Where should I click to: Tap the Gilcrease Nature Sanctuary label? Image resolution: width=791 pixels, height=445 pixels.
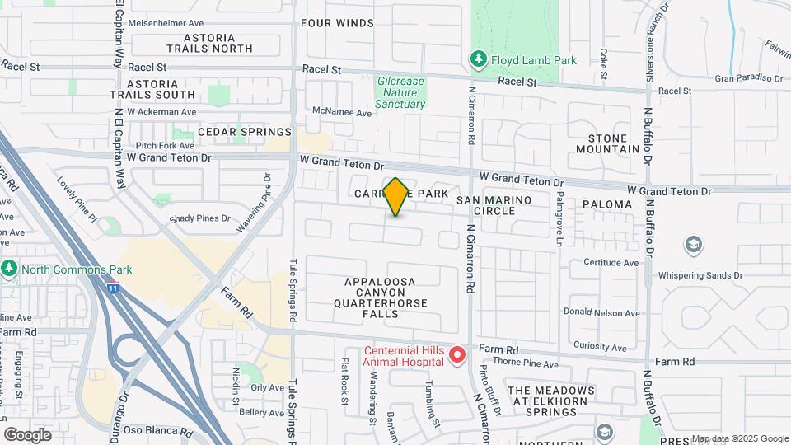400,93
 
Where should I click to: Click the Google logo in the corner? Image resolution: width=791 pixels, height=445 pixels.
26,435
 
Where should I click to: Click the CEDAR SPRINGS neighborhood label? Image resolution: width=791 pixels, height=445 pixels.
244,132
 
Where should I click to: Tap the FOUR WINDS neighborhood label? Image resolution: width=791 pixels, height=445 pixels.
337,23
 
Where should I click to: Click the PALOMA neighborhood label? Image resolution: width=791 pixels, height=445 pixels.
606,204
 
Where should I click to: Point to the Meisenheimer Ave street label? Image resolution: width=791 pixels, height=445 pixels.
166,24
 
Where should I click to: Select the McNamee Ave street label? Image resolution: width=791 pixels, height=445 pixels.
342,111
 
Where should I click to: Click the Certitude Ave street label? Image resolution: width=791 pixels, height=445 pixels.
611,263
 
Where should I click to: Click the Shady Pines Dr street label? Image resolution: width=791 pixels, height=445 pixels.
199,218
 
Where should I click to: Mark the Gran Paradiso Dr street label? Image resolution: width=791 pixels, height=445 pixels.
748,78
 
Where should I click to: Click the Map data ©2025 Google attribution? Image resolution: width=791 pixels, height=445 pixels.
739,438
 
